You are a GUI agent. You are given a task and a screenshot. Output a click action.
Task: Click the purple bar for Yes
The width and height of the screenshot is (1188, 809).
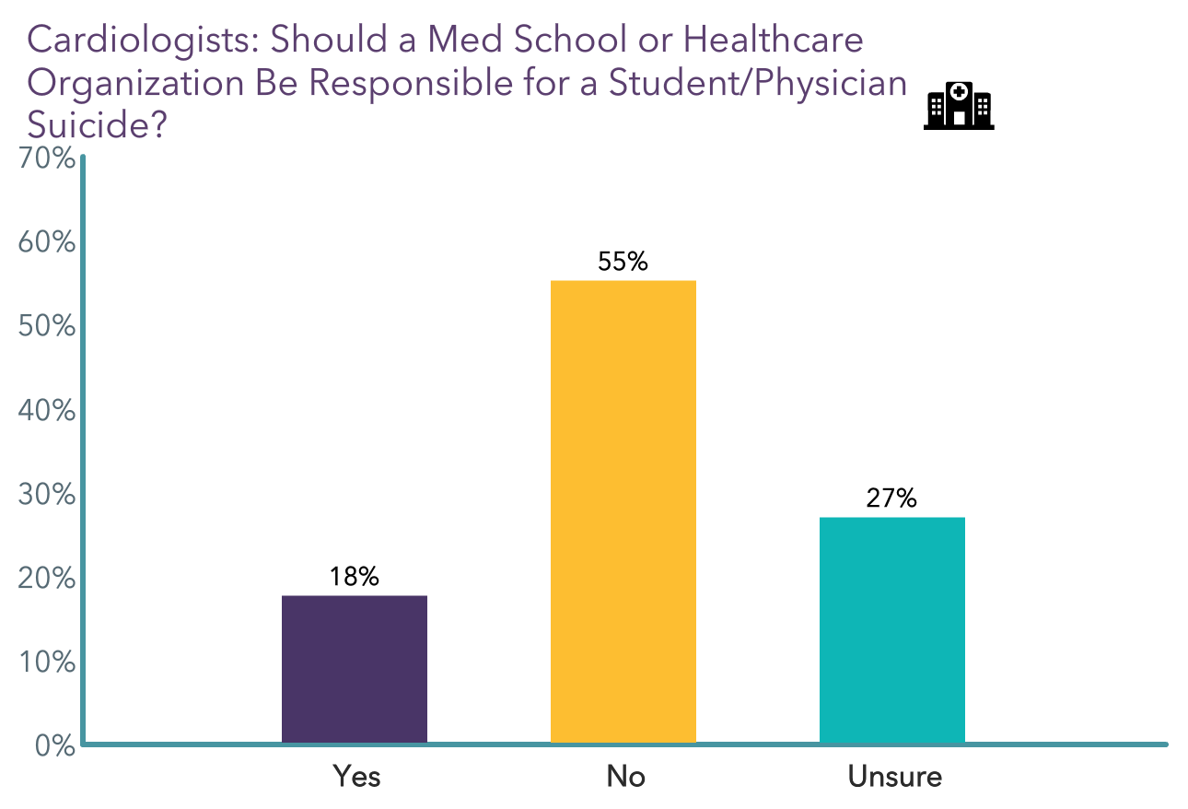click(354, 669)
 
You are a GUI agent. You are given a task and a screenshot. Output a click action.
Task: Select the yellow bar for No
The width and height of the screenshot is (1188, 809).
click(623, 511)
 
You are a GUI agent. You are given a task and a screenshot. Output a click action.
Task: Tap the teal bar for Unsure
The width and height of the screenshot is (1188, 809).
click(891, 630)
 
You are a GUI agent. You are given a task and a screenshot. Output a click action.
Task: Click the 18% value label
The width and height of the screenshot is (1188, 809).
click(355, 577)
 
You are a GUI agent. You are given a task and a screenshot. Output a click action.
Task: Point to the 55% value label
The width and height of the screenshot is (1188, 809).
click(623, 262)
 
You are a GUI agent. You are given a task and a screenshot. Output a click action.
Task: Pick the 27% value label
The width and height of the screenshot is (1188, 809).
click(891, 498)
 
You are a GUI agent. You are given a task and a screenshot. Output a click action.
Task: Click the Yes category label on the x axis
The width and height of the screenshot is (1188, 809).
click(355, 777)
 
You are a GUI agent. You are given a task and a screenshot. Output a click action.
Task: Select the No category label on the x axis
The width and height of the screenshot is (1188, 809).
click(625, 777)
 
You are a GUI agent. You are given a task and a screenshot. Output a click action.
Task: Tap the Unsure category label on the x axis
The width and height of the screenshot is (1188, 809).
click(894, 777)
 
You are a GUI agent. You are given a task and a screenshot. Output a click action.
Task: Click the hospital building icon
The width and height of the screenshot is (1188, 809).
click(958, 105)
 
